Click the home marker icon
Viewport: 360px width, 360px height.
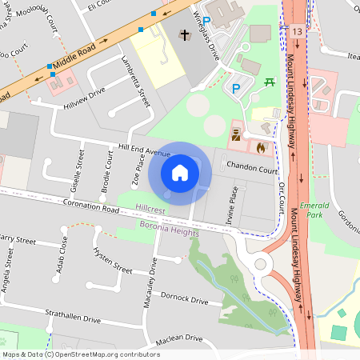(180, 172)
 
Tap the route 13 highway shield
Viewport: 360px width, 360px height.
(298, 31)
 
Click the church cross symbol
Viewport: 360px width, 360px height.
(185, 35)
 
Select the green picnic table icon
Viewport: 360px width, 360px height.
(270, 82)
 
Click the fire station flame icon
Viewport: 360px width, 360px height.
(260, 147)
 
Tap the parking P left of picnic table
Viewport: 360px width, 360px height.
(235, 88)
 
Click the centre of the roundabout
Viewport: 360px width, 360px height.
(259, 264)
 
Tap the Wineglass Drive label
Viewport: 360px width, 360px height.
(206, 36)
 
